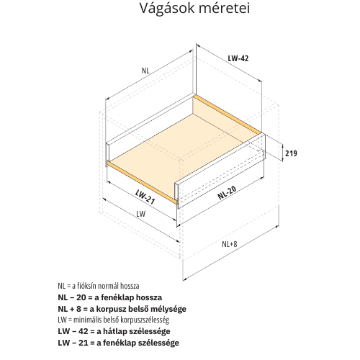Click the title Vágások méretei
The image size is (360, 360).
194,8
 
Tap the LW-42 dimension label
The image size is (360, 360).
238,58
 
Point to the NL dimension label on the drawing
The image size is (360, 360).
145,71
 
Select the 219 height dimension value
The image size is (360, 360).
291,153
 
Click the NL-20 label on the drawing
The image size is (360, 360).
227,192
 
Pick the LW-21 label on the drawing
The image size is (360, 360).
145,197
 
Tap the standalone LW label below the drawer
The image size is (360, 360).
141,214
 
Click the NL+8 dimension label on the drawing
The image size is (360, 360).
230,244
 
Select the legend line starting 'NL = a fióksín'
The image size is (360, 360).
99,286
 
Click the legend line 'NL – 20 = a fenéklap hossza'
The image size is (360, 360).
110,297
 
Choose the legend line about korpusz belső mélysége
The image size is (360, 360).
122,309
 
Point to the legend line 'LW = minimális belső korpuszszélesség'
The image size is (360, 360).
114,320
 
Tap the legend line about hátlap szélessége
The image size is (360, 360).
114,331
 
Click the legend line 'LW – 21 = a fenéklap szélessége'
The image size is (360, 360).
118,343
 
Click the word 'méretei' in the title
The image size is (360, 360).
225,8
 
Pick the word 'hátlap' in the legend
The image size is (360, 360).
115,332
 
